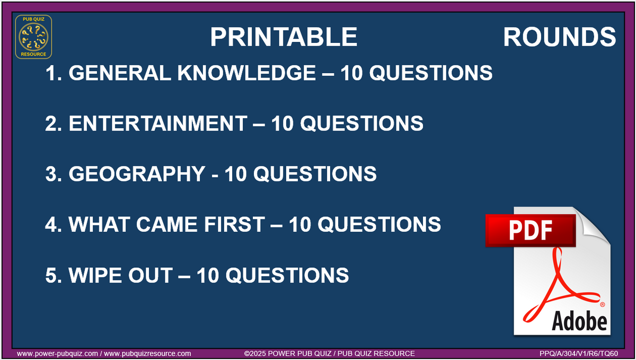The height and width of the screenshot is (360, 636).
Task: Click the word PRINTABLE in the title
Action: [x=284, y=37]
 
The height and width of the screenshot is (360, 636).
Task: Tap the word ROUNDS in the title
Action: [x=559, y=37]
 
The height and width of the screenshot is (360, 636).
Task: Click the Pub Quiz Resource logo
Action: [x=33, y=37]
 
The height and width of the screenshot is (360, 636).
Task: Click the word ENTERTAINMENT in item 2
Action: [x=157, y=124]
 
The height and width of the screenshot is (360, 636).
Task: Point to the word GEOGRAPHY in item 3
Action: [x=136, y=174]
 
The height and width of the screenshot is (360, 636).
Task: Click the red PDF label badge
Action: [x=530, y=230]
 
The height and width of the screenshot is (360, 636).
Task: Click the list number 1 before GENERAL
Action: [x=51, y=73]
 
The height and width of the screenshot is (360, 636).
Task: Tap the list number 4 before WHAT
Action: [x=51, y=224]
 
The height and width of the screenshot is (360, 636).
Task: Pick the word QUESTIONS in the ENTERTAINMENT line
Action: [x=362, y=124]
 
